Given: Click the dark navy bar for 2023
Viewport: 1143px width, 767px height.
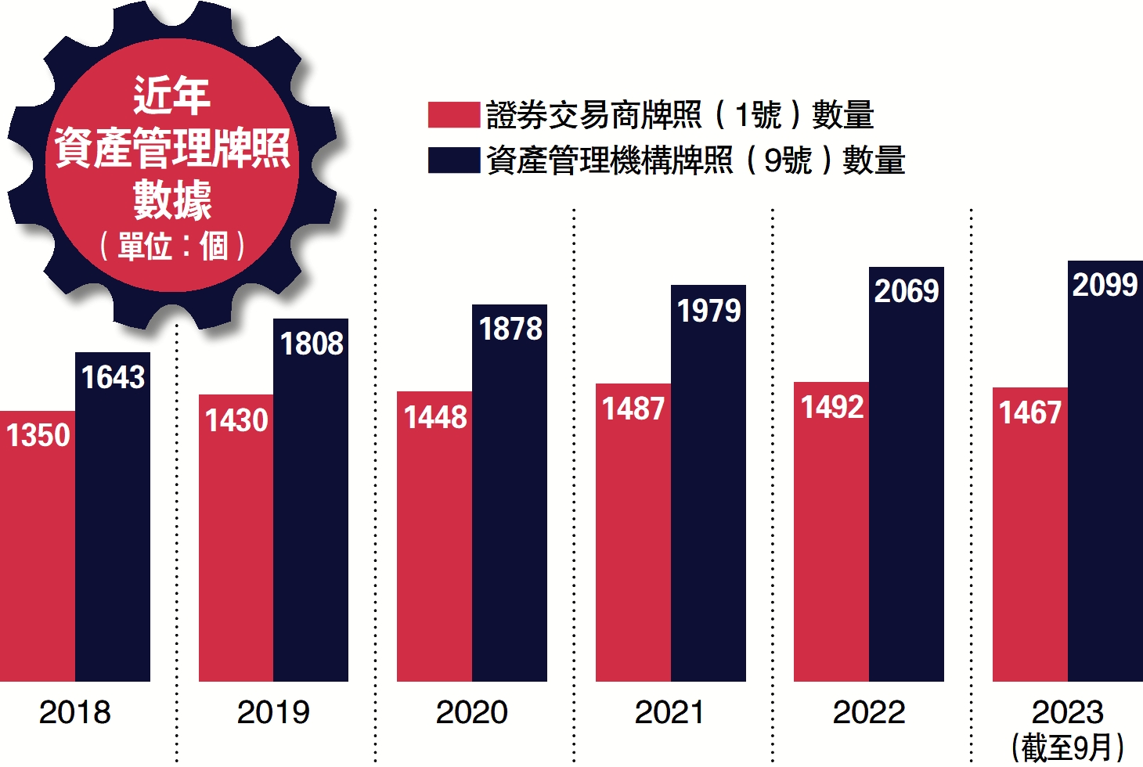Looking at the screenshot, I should point(1105,485).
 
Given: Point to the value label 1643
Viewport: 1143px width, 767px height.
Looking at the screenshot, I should point(114,377).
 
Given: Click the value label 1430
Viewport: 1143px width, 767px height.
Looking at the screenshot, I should point(236,420).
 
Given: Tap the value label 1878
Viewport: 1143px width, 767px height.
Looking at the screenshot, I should point(510,329).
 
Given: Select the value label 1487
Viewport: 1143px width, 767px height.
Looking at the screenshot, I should point(633,409).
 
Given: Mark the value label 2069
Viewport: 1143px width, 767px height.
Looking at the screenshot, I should point(907,291).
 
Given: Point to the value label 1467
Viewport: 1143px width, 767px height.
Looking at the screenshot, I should point(1030,412).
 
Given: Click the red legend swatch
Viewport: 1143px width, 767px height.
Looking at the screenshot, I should point(453,114).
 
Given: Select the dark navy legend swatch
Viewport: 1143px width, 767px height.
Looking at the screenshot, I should point(453,160).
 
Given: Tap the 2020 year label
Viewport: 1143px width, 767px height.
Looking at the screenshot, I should point(471,712).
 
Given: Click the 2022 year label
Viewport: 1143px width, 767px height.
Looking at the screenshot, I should point(869,712).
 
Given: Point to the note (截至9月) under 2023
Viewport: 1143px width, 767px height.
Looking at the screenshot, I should point(1068,747).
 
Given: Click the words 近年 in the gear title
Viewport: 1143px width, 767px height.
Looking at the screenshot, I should point(171,95).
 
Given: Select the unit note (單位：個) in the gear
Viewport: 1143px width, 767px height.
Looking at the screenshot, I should point(172,246).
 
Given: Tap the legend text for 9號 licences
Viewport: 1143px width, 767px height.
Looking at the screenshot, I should point(695,160).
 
